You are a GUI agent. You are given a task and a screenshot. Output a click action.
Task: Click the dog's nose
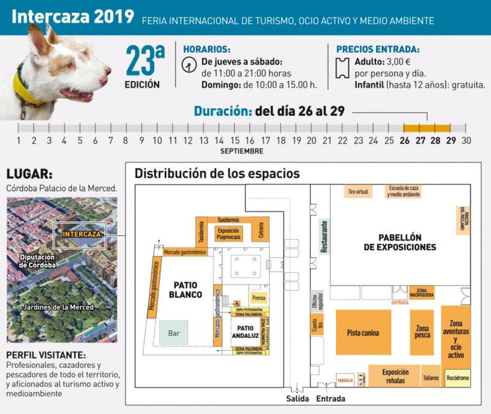coord(107,71)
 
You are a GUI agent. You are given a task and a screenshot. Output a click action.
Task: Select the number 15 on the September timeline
coord(235,141)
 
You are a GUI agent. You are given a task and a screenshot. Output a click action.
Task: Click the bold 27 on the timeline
coord(420,141)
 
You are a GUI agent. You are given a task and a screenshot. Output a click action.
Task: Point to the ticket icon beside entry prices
coord(342,68)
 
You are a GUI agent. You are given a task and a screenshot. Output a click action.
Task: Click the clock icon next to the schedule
coord(189,65)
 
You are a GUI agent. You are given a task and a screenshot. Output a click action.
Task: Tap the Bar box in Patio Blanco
coord(173,333)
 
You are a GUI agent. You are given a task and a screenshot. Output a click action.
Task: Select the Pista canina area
coord(363,333)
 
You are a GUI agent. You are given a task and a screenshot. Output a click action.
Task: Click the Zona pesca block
coord(422,332)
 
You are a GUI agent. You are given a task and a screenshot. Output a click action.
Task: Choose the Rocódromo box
coord(457,378)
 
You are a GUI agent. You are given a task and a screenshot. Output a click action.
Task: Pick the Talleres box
coord(430,378)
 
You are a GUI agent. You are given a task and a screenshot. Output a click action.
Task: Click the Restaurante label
coord(324,237)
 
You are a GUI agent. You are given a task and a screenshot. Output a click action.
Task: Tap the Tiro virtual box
coord(358,191)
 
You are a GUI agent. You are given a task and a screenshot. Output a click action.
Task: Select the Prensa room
coord(259,298)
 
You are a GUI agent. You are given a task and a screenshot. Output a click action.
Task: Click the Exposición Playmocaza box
coord(228,234)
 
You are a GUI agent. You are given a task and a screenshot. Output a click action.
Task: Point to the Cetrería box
coord(261,230)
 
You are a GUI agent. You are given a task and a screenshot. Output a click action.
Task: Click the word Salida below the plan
coord(297,398)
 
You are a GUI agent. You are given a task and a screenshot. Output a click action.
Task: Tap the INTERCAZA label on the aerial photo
coord(81,234)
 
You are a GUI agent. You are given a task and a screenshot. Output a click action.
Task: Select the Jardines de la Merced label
coord(58,307)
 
